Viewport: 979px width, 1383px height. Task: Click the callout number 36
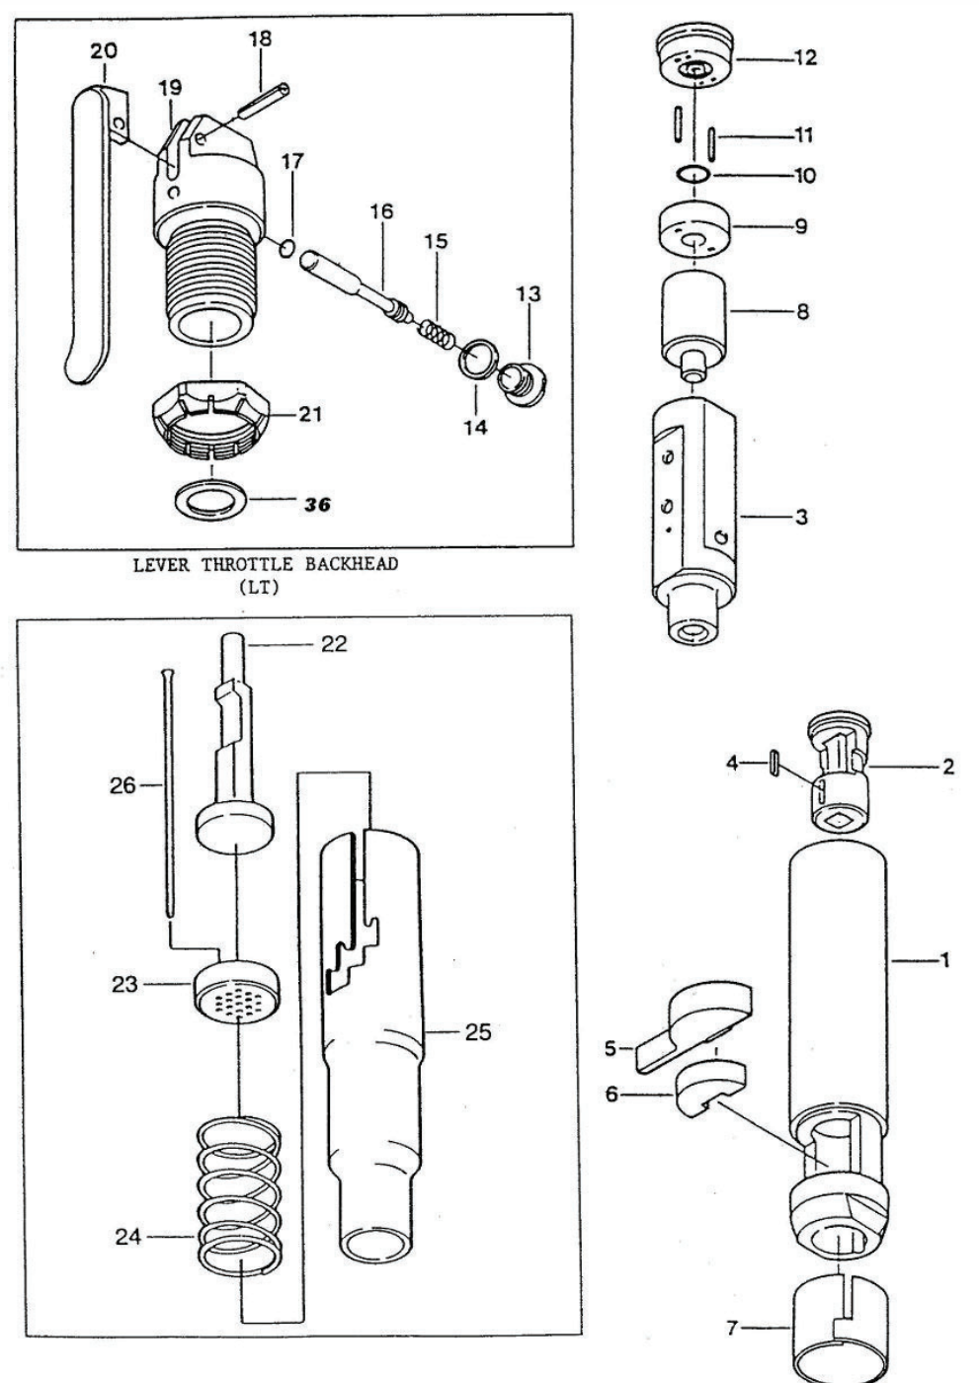point(317,505)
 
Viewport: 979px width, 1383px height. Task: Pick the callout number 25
point(478,1034)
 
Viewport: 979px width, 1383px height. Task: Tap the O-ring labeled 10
point(695,175)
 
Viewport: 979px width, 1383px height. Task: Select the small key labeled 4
point(776,764)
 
